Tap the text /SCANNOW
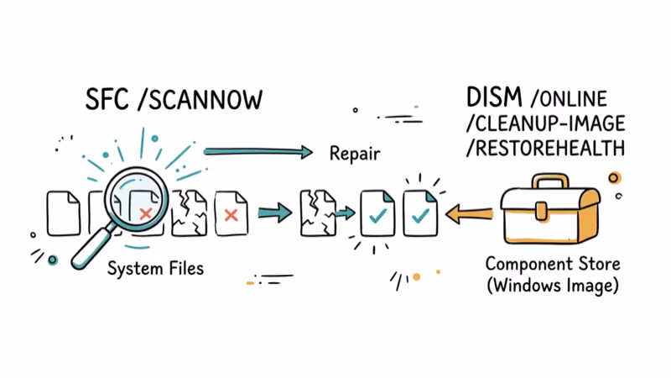tap(198, 99)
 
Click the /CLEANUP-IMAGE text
tap(545, 124)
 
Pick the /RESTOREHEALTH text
tap(545, 149)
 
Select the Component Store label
tap(553, 264)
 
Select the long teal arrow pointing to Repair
tap(256, 151)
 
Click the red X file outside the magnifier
tap(231, 214)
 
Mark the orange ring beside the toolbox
tap(615, 178)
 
